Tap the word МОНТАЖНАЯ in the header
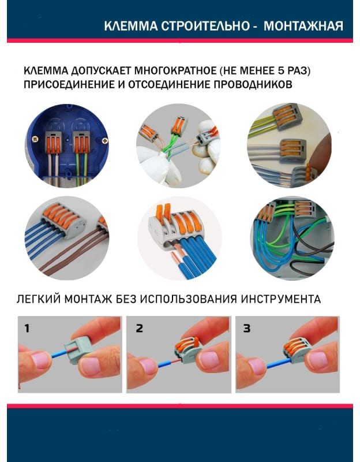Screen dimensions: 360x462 click(303, 26)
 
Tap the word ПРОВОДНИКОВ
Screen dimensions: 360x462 click(253, 84)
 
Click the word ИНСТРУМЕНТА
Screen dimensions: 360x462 click(281, 299)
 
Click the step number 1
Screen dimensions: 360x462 click(27, 328)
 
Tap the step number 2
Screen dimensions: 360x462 click(139, 328)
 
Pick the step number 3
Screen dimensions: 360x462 click(247, 328)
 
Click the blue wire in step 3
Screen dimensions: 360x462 click(278, 363)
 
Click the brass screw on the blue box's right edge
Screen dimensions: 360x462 click(105, 141)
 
